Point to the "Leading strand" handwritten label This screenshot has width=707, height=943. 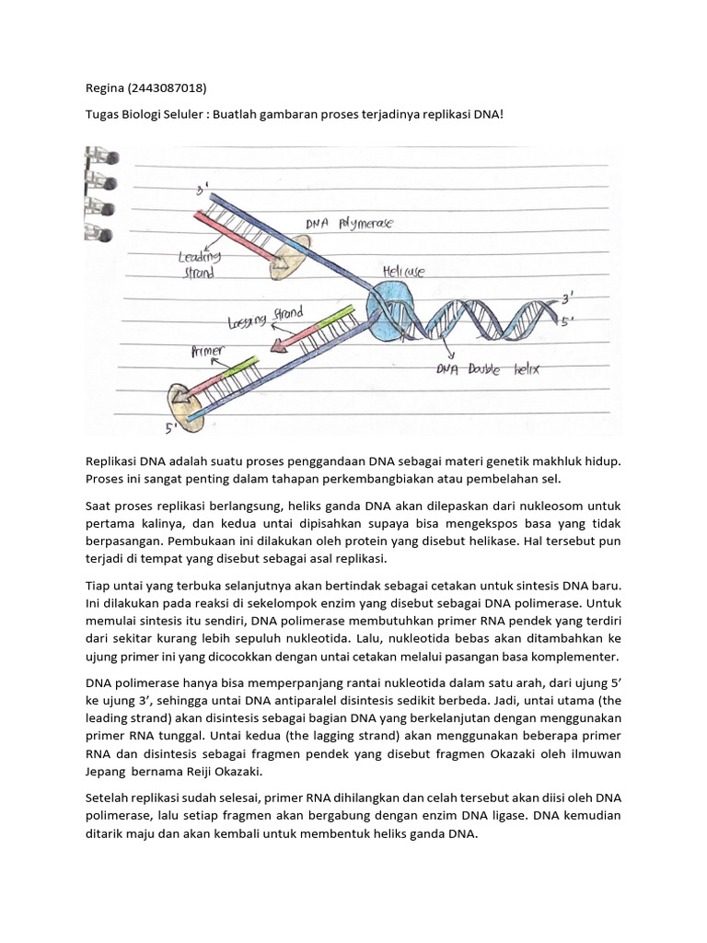coord(199,265)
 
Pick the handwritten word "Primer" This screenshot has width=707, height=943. coord(208,351)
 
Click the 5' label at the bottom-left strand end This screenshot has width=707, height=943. coord(172,427)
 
